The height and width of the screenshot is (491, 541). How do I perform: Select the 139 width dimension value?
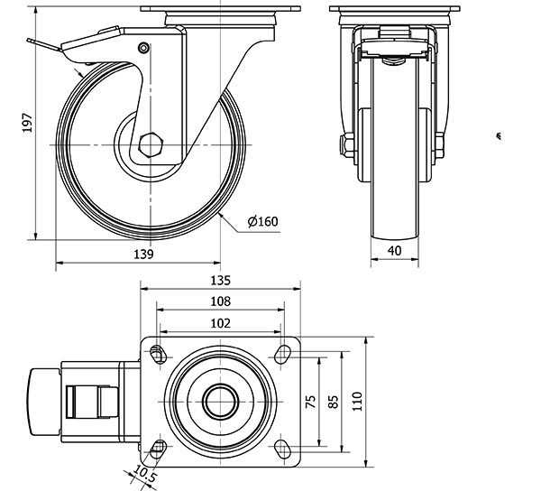tap(142, 255)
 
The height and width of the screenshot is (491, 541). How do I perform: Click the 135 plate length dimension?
tap(221, 280)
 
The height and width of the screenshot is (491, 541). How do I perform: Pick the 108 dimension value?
tap(221, 301)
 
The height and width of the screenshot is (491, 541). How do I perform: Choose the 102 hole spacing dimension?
tap(221, 322)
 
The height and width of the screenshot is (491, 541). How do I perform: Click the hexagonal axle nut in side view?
tap(151, 145)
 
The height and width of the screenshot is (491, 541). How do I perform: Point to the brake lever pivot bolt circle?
tap(142, 47)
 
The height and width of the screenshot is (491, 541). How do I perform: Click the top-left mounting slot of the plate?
tap(159, 352)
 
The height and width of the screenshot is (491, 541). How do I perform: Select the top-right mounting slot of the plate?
tap(284, 352)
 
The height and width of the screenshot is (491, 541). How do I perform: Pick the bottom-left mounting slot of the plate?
tap(159, 449)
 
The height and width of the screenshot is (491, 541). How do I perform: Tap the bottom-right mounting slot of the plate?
tap(284, 449)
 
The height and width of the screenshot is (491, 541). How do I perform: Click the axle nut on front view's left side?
tap(345, 145)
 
